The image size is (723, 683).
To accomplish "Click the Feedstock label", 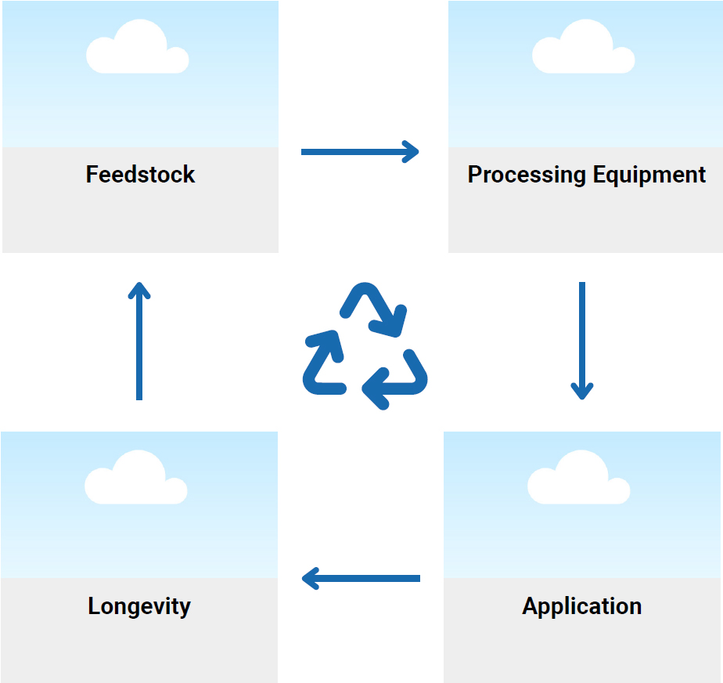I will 140,174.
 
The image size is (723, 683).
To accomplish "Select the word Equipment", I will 649,174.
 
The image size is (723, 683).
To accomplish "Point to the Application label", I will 582,606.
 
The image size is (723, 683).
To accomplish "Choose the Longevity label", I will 139,606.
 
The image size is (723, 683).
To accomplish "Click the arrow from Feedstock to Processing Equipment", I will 360,151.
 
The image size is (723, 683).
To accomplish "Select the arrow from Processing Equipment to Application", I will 581,341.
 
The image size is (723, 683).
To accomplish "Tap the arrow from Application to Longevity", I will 361,579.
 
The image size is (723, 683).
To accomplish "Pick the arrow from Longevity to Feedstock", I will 139,341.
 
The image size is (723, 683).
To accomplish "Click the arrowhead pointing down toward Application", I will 581,390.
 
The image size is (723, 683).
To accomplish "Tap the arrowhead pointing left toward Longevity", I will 310,579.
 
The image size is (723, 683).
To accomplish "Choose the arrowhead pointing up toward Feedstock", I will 139,291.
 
